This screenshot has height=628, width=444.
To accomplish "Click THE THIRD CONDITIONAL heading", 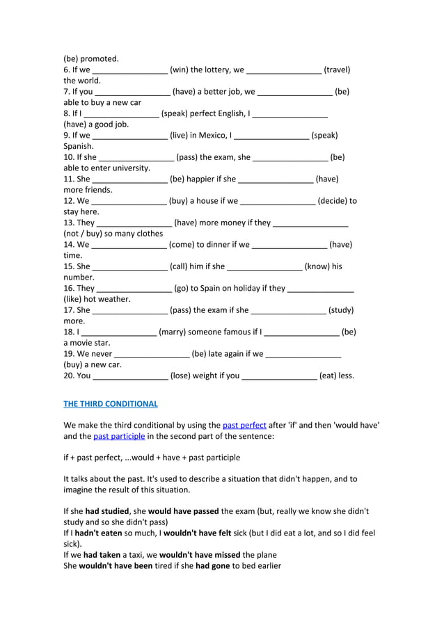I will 111,403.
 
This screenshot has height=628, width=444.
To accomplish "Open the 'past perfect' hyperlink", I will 244,425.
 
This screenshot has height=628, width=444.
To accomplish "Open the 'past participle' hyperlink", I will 119,436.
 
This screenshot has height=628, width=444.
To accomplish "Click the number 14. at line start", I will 70,244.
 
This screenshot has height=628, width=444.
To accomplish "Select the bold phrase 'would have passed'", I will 184,511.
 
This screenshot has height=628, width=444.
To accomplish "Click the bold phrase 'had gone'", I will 211,566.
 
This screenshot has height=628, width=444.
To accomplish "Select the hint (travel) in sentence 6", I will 337,70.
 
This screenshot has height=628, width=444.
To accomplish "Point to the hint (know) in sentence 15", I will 317,266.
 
